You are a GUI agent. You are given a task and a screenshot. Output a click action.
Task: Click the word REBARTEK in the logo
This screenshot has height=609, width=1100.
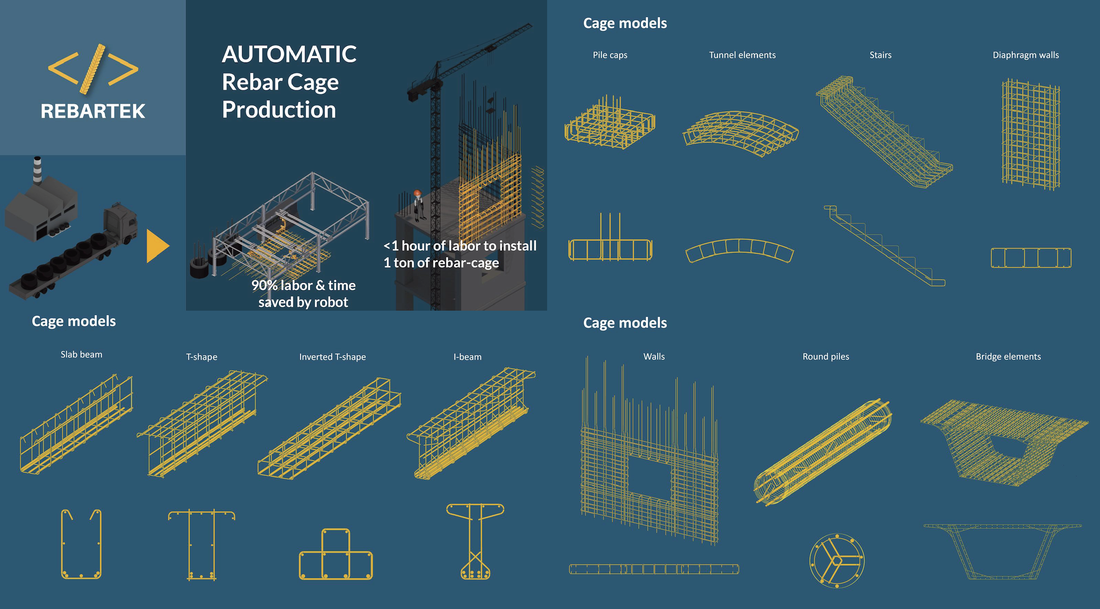[93, 111]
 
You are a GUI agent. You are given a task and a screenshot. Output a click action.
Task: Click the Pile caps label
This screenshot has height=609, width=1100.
[610, 55]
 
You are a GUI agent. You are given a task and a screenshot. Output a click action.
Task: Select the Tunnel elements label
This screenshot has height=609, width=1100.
[742, 55]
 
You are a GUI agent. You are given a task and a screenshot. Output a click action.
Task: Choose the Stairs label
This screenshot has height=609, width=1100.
[880, 55]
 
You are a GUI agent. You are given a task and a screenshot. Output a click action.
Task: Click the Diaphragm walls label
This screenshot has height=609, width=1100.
[1025, 55]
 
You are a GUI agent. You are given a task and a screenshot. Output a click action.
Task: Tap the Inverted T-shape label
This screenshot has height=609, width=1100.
[332, 357]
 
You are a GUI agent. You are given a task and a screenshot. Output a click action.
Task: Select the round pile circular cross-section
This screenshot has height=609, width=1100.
[837, 560]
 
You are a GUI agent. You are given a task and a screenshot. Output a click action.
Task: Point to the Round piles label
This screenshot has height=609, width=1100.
[825, 357]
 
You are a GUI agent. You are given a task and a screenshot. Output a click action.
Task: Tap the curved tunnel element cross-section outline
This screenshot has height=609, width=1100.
[739, 250]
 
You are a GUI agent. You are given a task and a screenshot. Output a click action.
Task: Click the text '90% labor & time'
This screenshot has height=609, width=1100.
[303, 285]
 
